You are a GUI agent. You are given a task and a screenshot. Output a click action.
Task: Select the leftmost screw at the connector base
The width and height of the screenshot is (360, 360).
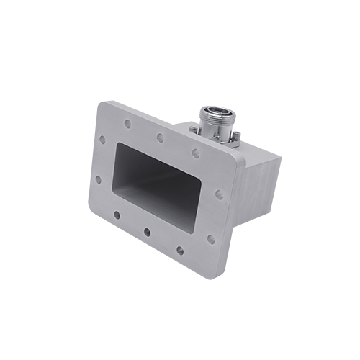click(194, 129)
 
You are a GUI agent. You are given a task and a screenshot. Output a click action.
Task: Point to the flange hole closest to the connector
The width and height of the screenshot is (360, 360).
click(193, 152)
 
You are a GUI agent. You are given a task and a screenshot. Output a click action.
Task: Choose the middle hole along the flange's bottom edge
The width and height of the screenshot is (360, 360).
click(147, 232)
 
